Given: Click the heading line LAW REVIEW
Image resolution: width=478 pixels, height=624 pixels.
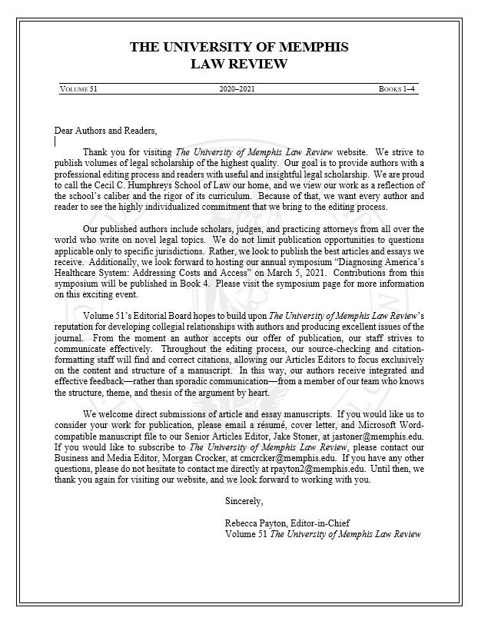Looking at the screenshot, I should click(238, 64).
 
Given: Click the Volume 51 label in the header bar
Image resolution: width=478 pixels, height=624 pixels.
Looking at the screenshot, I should click(78, 89).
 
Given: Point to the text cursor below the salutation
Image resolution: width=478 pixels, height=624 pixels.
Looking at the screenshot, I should click(55, 141).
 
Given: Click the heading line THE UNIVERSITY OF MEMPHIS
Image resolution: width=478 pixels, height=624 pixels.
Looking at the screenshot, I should click(238, 48).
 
